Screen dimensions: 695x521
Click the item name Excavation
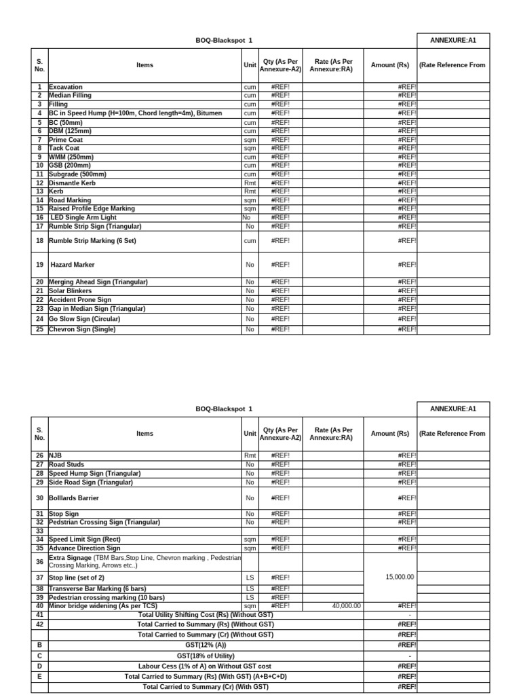pyautogui.click(x=66, y=88)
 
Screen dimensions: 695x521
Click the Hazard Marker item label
pyautogui.click(x=73, y=265)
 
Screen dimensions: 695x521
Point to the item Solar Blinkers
pyautogui.click(x=70, y=290)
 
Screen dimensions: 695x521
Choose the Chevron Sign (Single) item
pyautogui.click(x=82, y=329)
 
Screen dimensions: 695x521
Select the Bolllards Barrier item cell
pyautogui.click(x=74, y=498)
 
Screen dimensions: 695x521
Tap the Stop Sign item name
pyautogui.click(x=64, y=514)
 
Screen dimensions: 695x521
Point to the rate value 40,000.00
pyautogui.click(x=346, y=606)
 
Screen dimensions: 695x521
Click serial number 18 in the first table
pyautogui.click(x=39, y=241)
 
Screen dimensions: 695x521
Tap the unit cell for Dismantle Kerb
pyautogui.click(x=250, y=183)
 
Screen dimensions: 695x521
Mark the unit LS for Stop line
pyautogui.click(x=250, y=577)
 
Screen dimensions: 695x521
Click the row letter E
pyautogui.click(x=39, y=677)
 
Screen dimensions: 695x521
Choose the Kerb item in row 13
pyautogui.click(x=56, y=191)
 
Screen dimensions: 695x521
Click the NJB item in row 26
pyautogui.click(x=55, y=455)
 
